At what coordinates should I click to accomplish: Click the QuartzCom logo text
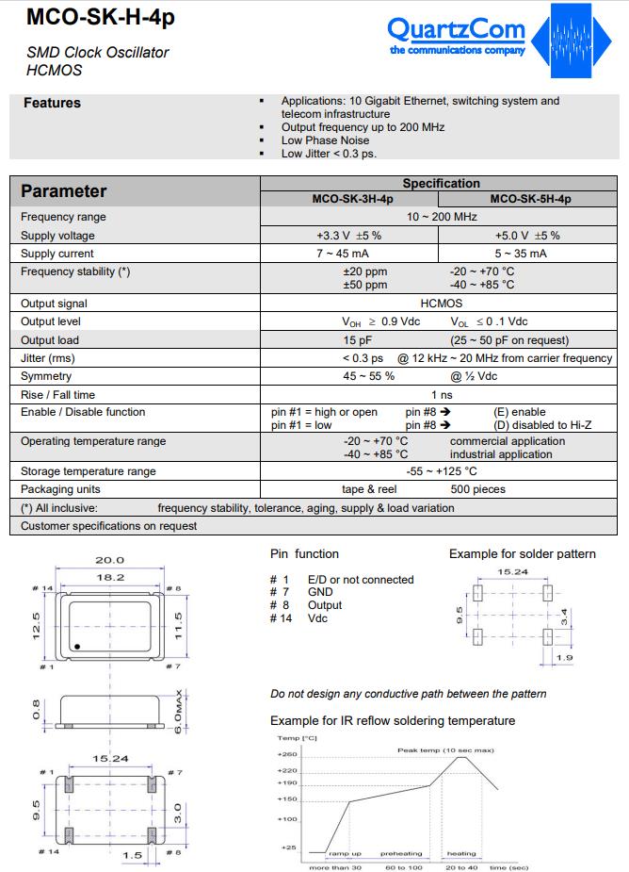457,30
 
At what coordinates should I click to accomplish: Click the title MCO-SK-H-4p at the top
88,17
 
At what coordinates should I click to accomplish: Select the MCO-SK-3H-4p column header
353,199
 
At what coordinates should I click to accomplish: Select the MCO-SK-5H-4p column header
530,199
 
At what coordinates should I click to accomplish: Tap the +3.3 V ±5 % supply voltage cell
348,236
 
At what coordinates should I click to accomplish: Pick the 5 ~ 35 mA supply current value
521,254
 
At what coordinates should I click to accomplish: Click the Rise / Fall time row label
58,394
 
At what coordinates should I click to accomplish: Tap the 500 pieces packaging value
477,489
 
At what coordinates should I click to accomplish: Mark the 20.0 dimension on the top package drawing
110,560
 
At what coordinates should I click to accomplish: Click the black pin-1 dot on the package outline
78,647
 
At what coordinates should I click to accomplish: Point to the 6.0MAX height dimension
178,709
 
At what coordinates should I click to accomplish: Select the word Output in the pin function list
325,605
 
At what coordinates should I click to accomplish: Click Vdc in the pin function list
318,618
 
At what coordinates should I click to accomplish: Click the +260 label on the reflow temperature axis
287,754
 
